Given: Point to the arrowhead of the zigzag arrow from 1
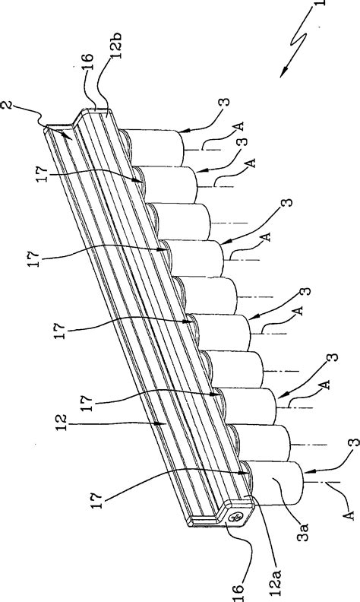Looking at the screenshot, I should coord(283,75).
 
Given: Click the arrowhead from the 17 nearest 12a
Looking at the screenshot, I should coord(247,473).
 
